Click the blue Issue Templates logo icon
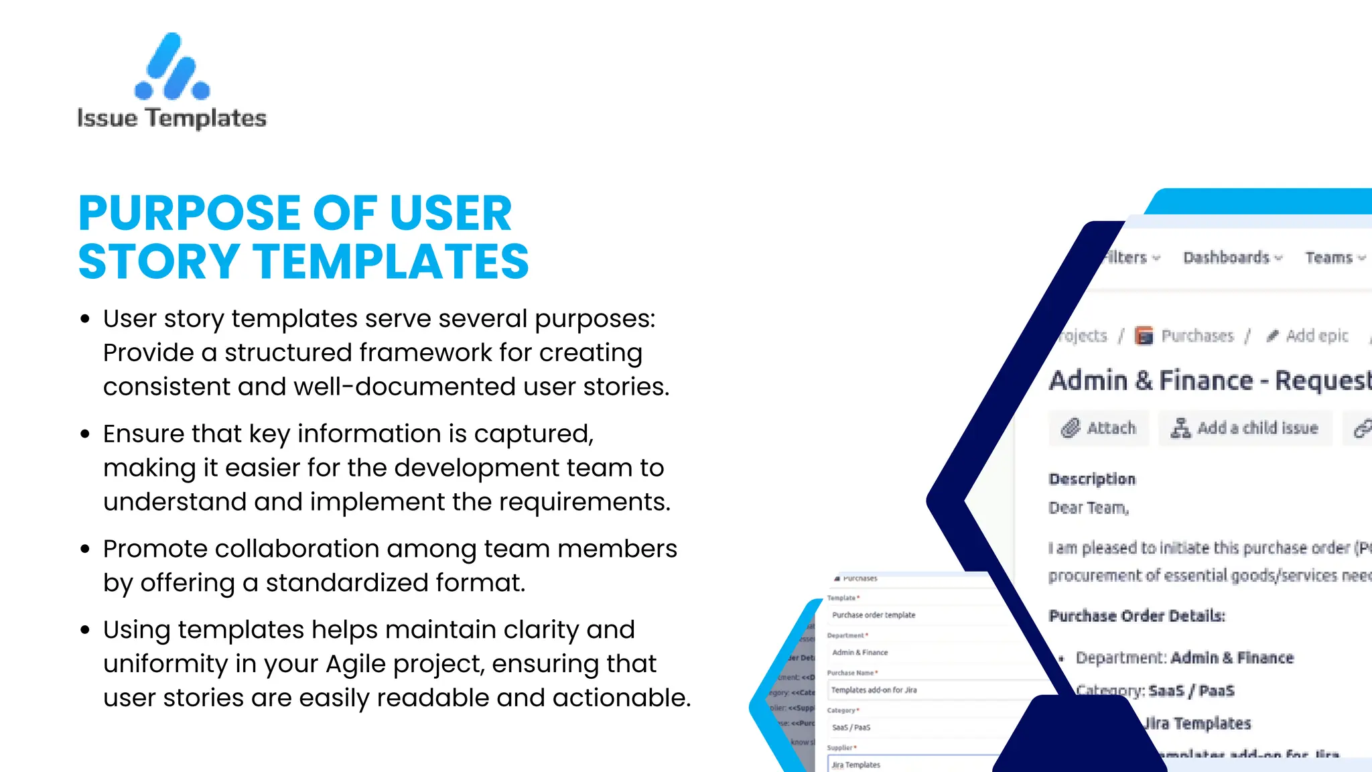click(172, 67)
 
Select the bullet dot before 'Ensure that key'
click(85, 434)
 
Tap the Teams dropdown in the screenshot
click(1334, 258)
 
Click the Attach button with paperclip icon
click(1099, 428)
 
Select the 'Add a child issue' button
click(1245, 428)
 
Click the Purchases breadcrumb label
click(1196, 336)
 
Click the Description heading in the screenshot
click(1092, 479)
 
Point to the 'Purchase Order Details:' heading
click(1137, 616)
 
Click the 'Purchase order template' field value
click(874, 615)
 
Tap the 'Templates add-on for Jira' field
click(874, 690)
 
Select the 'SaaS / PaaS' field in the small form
click(851, 728)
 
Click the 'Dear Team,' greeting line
click(1089, 508)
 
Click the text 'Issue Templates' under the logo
click(172, 119)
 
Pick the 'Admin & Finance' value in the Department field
click(860, 653)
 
